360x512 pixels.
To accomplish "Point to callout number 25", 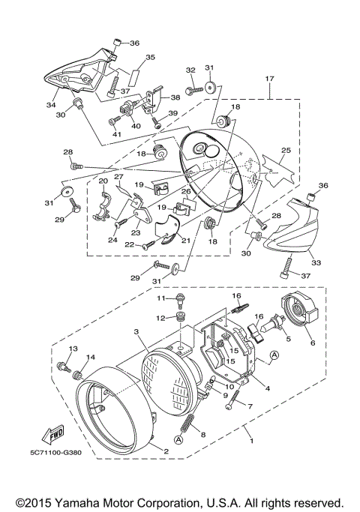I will point(286,151).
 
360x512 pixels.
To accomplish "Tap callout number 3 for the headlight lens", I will point(136,331).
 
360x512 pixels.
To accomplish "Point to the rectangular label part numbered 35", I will point(133,76).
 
